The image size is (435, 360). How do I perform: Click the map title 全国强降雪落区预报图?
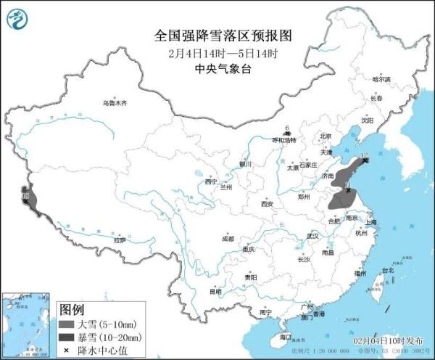pos(217,35)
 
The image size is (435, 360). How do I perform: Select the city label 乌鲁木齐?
pos(114,104)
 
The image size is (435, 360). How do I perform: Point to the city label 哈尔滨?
pos(381,78)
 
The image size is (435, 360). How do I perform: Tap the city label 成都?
pos(228,238)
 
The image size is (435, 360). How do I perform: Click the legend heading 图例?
pos(69,308)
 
